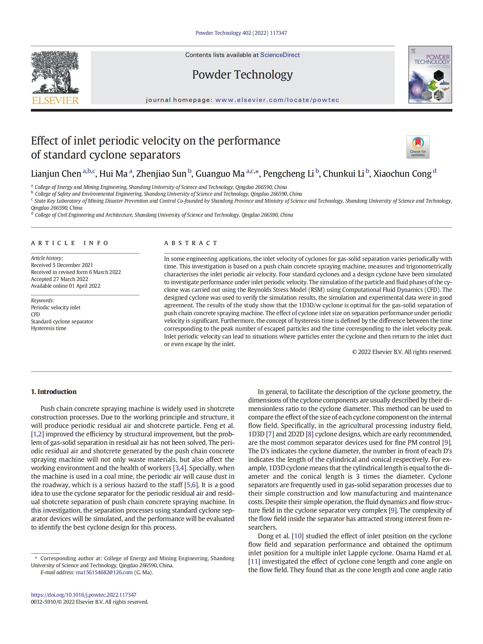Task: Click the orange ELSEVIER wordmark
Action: pos(55,100)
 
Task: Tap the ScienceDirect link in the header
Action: pos(280,55)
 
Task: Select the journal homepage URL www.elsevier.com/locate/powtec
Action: pos(277,100)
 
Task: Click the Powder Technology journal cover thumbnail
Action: pos(430,74)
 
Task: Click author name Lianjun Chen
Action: pos(56,174)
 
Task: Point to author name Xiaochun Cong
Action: pos(402,174)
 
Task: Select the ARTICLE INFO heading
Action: pos(70,243)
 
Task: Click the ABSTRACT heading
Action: pos(191,243)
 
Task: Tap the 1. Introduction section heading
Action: pos(54,392)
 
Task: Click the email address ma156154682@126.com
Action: pos(104,572)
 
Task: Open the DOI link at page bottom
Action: pos(84,595)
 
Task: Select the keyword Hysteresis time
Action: pos(48,328)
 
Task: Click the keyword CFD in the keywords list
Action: pos(35,314)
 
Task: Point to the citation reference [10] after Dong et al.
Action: pos(298,536)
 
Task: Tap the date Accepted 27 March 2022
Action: pos(60,279)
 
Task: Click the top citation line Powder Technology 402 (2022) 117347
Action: pos(241,33)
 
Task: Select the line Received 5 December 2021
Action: pos(62,265)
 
